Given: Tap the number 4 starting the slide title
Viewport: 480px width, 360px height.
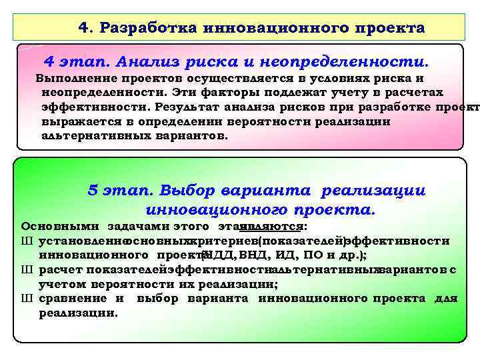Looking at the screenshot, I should [83, 28].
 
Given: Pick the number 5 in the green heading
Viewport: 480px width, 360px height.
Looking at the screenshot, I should [93, 191].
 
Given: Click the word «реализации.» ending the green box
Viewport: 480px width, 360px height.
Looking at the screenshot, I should [78, 312].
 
